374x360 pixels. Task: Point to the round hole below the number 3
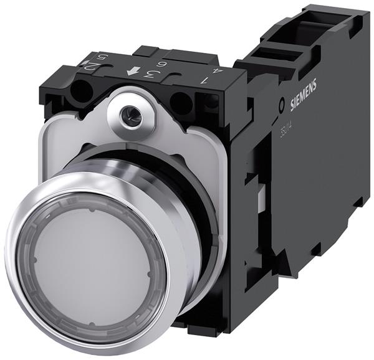[180, 101]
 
